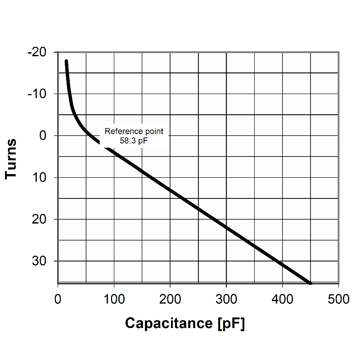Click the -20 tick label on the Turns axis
tap(36, 52)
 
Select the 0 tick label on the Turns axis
tap(43, 135)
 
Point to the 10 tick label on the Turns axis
tap(40, 177)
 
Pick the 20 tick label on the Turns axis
tap(40, 219)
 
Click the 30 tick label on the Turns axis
tap(40, 261)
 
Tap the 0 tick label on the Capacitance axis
tap(58, 299)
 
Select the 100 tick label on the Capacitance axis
tap(114, 299)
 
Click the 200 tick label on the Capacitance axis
tap(170, 299)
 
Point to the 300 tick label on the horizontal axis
tap(226, 299)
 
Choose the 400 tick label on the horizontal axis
tap(282, 299)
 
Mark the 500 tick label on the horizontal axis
tap(338, 299)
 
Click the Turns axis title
tap(11, 158)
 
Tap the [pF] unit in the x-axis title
tap(231, 323)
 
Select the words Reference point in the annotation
tap(134, 131)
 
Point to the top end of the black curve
tap(66, 61)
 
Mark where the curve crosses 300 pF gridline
tap(226, 228)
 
